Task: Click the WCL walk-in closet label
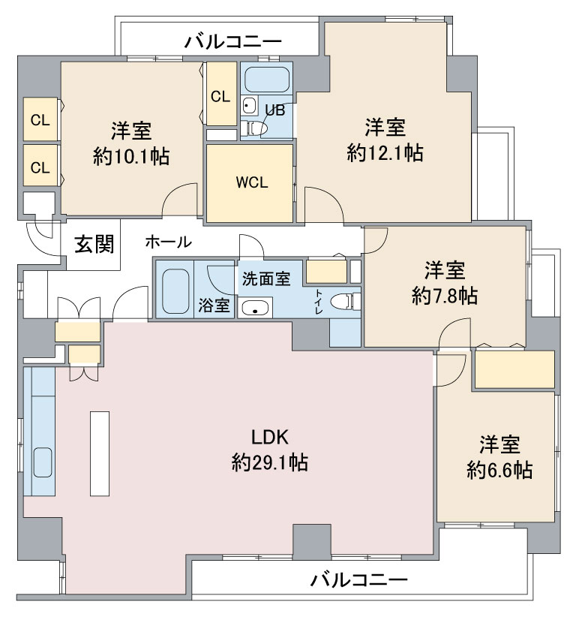pos(252,182)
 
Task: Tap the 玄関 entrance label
pos(94,244)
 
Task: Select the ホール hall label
pos(168,242)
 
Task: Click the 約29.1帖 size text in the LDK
pos(270,462)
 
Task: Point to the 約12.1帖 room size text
pos(385,152)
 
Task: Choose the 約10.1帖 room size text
pos(131,156)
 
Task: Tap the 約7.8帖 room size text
pos(445,296)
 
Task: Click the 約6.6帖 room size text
pos(499,470)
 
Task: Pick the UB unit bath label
pos(274,110)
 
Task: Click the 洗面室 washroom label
pos(266,278)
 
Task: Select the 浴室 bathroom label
pos(214,305)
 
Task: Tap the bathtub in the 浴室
pos(175,291)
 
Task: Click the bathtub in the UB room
pos(266,79)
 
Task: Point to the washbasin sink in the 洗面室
pos(255,308)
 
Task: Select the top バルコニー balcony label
pos(233,41)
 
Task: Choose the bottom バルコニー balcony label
pos(359,580)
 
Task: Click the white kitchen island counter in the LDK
pos(100,453)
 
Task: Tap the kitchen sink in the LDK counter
pos(43,462)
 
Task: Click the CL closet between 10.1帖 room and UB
pos(221,94)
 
